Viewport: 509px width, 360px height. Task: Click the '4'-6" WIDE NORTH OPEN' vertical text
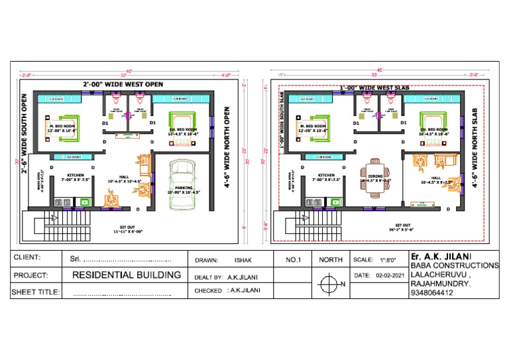(227, 147)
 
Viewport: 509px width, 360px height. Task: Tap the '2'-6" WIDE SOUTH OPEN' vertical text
(25, 144)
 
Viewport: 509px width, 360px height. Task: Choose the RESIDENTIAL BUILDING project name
(126, 274)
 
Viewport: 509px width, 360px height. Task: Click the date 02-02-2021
(389, 275)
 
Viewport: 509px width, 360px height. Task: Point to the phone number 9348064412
(431, 292)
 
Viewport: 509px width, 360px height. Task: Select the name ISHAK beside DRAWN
(243, 260)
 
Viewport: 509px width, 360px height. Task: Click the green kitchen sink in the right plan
(335, 201)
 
